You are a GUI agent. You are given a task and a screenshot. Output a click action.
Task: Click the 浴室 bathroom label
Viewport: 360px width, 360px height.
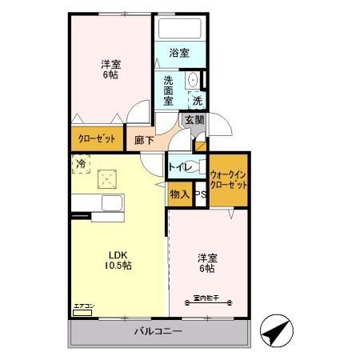(x=179, y=54)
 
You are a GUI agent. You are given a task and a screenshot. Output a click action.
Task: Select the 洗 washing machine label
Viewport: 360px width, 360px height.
(x=197, y=101)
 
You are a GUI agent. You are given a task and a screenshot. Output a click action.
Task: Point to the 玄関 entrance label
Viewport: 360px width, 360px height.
(x=194, y=121)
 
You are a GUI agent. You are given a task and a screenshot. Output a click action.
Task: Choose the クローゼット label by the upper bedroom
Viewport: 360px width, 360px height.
(x=97, y=138)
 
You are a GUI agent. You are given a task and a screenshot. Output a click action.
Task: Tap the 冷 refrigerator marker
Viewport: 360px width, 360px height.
(x=80, y=164)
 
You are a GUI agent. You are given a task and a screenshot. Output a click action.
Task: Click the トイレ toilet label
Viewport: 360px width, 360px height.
(x=178, y=168)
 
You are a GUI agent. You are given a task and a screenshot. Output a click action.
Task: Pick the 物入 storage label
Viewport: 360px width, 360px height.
(x=179, y=194)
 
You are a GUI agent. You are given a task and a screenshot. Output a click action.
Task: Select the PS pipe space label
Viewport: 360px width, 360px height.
(x=200, y=194)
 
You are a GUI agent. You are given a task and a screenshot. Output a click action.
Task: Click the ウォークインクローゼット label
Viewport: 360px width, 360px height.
(x=229, y=178)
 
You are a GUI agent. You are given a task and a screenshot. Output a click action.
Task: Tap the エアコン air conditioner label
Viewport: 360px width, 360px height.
(x=84, y=306)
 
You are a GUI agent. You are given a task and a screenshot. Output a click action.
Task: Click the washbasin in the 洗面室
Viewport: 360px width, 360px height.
(x=191, y=82)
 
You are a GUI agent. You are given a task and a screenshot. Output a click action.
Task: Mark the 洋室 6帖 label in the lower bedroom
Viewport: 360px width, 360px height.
(x=209, y=262)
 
